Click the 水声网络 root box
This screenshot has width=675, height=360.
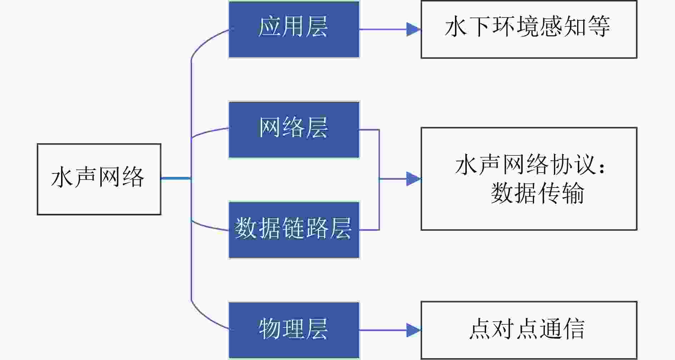tap(99, 179)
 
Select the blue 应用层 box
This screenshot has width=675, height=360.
tap(294, 29)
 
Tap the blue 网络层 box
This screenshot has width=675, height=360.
tap(294, 130)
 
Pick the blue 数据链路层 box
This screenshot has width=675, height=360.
tap(294, 230)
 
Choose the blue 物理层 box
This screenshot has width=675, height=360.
tap(294, 330)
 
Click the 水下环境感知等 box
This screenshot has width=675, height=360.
tap(529, 29)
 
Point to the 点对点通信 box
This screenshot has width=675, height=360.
tap(529, 330)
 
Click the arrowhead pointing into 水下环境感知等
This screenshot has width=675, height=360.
tap(414, 29)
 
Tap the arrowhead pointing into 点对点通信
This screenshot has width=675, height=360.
tap(414, 330)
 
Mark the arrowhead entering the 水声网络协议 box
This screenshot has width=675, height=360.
tap(414, 179)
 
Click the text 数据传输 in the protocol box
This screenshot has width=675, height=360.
tap(537, 193)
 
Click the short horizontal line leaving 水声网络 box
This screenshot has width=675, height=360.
tap(176, 178)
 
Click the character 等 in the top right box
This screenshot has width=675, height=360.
tap(599, 26)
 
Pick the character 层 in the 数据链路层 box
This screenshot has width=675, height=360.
tap(340, 228)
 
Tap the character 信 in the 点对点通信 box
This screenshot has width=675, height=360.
tap(573, 329)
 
